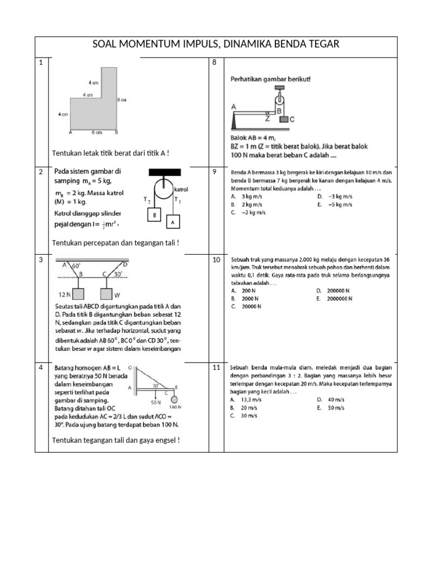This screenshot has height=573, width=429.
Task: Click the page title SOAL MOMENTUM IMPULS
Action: click(x=216, y=44)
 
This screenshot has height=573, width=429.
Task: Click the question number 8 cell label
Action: click(x=214, y=62)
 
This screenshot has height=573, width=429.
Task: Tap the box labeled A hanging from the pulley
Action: click(x=173, y=222)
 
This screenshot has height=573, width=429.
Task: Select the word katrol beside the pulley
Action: click(x=182, y=190)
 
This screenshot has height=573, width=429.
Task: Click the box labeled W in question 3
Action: click(x=108, y=294)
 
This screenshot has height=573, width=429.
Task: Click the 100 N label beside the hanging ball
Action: click(x=175, y=407)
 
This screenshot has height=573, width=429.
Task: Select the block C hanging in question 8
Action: click(x=284, y=119)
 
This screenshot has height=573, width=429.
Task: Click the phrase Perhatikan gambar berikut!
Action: click(x=270, y=79)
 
